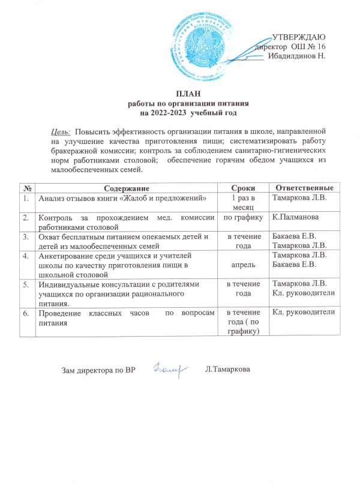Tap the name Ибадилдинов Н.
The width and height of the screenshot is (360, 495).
[x=296, y=56]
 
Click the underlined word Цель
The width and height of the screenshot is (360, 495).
[x=59, y=130]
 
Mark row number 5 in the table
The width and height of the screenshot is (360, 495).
[x=25, y=283]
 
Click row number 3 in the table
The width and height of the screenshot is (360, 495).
[x=25, y=236]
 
